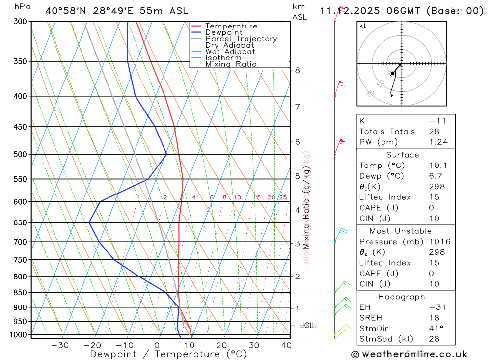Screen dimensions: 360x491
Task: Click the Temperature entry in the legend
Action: click(231, 26)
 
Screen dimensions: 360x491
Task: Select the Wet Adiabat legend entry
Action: click(230, 52)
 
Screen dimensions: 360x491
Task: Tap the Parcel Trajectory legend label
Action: click(241, 39)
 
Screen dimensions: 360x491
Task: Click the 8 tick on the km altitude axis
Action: click(297, 70)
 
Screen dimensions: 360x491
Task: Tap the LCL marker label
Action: click(306, 325)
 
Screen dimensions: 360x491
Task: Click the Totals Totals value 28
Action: click(434, 132)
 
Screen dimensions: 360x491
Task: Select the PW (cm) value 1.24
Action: click(438, 142)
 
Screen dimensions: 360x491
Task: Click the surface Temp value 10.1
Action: click(438, 166)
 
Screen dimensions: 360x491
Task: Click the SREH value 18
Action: click(434, 318)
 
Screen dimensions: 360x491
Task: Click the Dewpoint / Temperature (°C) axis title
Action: click(168, 354)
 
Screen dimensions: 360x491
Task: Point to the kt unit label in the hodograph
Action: click(363, 26)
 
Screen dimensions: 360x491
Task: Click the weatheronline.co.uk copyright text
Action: click(409, 354)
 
